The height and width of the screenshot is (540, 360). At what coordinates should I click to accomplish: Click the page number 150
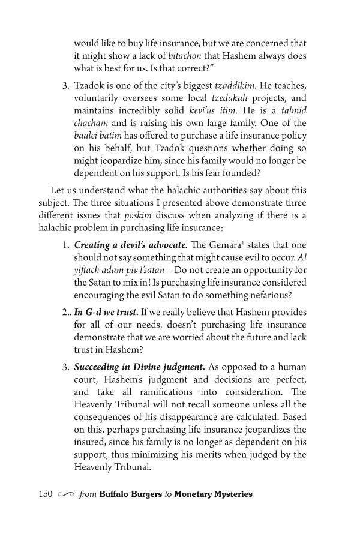coord(46,494)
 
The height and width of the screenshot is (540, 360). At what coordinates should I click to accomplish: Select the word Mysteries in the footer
coord(231,494)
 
